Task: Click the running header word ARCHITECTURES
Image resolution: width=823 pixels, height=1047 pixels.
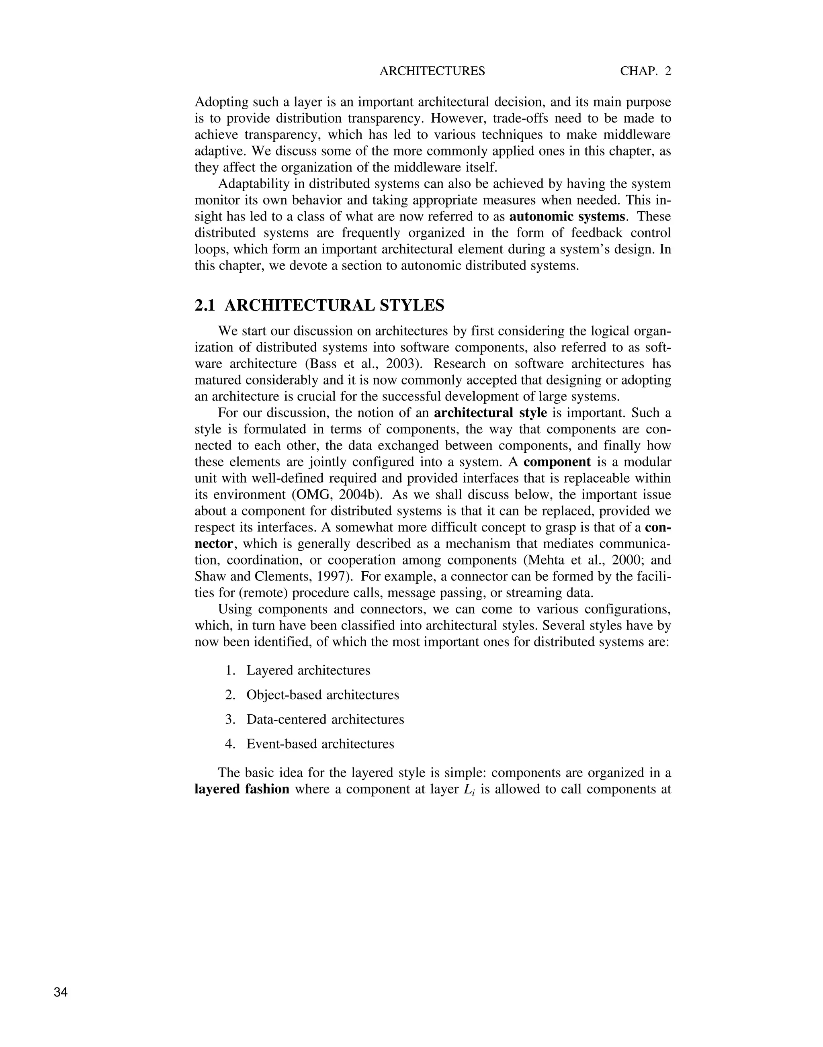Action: click(432, 71)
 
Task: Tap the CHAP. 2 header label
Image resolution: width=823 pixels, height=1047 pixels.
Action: click(645, 71)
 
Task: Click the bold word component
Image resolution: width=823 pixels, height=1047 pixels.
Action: click(557, 462)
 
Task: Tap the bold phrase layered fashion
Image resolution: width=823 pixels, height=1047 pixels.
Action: click(242, 789)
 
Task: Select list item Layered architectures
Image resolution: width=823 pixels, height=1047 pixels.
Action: click(308, 670)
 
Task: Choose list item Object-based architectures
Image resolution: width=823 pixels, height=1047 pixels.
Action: click(322, 695)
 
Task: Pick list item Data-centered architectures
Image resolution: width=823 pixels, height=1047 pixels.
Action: click(325, 720)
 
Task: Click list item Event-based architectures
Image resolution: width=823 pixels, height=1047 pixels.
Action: click(320, 744)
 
